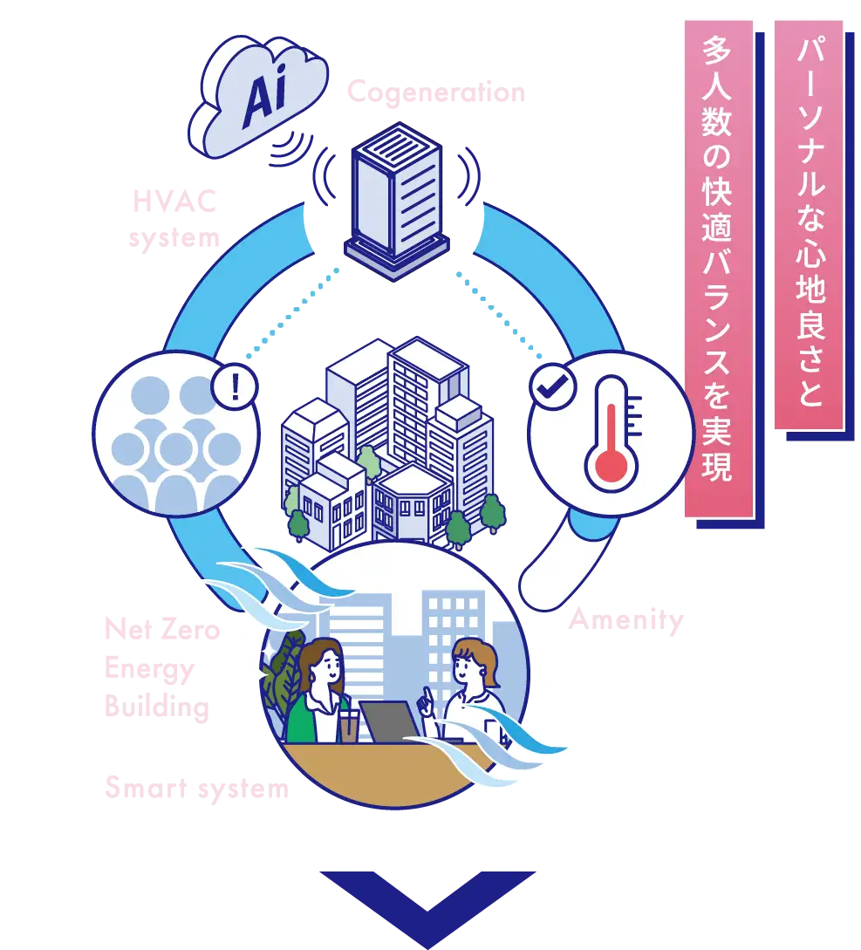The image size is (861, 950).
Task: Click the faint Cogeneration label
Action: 438,92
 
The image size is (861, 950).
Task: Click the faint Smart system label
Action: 198,789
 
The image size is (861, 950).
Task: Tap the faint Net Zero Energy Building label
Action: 161,667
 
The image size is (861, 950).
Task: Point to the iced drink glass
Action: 349,726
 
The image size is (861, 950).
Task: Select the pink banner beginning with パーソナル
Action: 809,227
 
